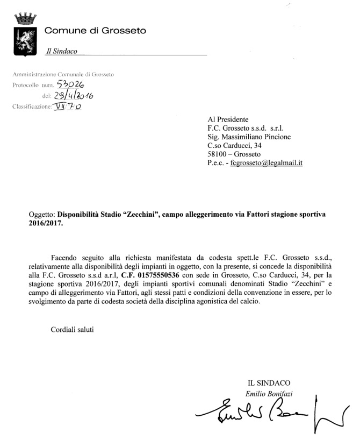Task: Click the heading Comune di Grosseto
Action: (x=95, y=31)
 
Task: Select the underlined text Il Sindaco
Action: (x=61, y=51)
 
